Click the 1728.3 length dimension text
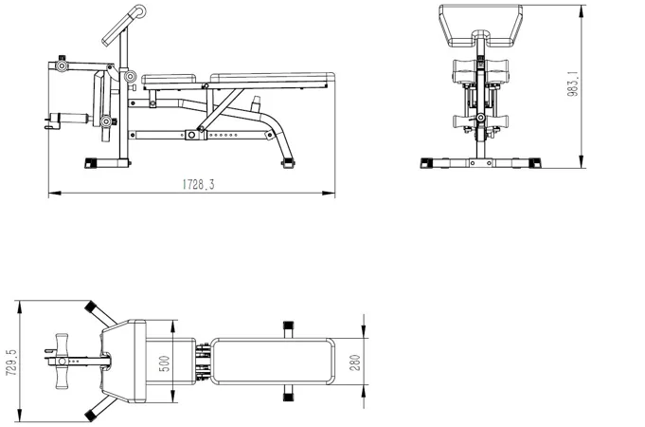(198, 184)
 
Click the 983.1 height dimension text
(572, 84)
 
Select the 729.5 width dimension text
(11, 362)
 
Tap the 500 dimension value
(164, 364)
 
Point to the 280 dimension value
(355, 362)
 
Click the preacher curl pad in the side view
(123, 26)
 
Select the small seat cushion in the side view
(169, 79)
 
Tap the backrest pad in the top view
(273, 362)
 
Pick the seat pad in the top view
(170, 362)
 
